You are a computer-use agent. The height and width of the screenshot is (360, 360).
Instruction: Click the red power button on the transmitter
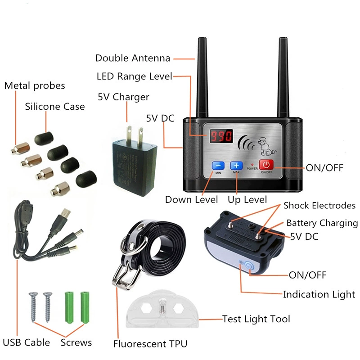266,165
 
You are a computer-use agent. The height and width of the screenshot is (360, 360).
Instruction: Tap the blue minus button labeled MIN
218,165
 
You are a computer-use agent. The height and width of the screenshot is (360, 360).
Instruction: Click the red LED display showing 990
221,136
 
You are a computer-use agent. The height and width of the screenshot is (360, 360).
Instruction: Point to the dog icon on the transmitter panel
266,147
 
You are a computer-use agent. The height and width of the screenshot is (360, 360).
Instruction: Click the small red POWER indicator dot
252,165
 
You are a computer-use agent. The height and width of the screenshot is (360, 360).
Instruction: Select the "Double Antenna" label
133,58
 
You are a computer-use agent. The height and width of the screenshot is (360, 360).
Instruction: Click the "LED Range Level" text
134,76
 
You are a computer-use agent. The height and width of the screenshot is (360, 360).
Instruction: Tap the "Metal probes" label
35,86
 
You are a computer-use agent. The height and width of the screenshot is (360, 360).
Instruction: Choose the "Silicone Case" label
55,107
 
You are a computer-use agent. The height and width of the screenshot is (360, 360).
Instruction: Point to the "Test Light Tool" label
256,319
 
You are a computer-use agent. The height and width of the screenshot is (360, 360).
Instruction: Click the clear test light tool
162,309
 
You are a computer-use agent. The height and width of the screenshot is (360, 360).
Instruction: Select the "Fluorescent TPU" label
150,344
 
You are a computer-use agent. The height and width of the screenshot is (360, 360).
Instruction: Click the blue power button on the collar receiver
249,266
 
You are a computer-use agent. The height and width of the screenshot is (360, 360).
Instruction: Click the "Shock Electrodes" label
319,206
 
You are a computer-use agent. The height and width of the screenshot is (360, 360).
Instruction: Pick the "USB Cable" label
27,342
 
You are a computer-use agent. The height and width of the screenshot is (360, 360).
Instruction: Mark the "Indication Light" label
319,294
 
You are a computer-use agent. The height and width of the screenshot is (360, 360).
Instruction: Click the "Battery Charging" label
322,223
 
